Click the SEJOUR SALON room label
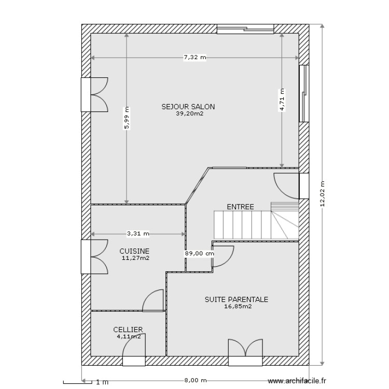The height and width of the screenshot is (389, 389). [x=188, y=107]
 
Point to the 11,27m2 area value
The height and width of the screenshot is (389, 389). [x=135, y=257]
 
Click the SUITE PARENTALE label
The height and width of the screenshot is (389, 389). [x=236, y=299]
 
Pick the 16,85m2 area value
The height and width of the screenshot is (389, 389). [x=238, y=306]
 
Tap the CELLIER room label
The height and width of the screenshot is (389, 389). [x=128, y=329]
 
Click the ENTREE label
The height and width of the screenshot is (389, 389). [x=240, y=206]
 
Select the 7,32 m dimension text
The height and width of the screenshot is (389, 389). [x=195, y=58]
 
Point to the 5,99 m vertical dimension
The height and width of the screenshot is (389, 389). [x=126, y=118]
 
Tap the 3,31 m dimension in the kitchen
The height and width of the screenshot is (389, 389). [x=138, y=233]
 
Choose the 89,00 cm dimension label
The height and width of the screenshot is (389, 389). [x=199, y=254]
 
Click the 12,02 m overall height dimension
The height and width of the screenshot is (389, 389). [x=322, y=194]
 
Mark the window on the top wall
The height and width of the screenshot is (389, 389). [x=245, y=29]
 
